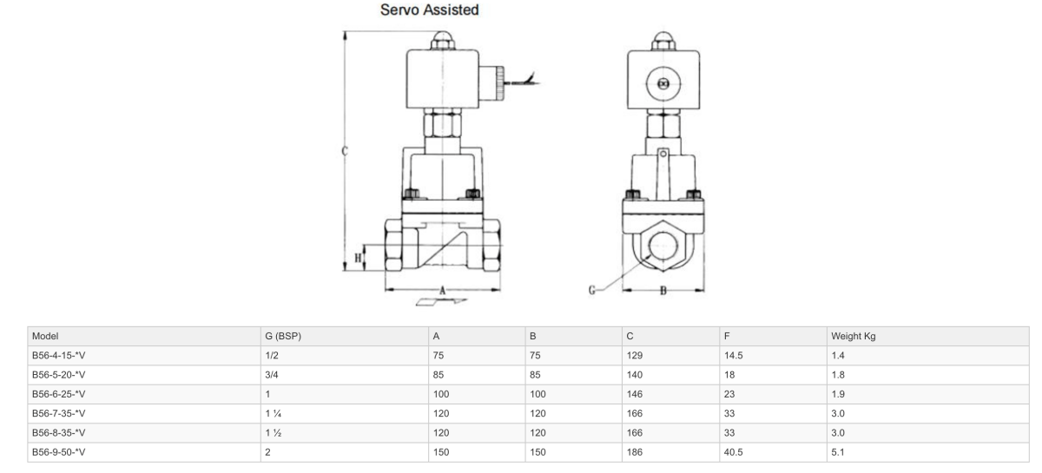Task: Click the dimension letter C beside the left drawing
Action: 345,150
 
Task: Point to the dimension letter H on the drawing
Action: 358,258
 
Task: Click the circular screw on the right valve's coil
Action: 664,85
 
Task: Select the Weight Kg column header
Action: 852,336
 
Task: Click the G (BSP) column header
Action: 281,336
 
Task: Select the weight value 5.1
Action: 837,452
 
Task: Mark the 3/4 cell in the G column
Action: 272,375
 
